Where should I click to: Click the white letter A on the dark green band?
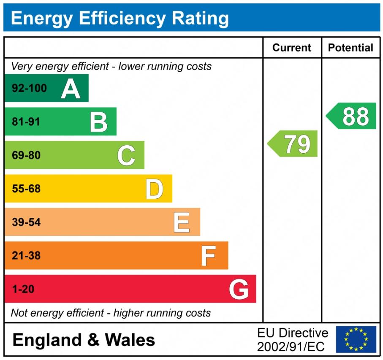pos(71,89)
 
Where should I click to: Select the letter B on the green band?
pos(99,122)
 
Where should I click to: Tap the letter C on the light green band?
pos(126,155)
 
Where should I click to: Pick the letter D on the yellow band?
pos(154,189)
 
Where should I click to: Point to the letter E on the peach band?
pos(182,222)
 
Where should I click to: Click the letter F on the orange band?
pos(209,256)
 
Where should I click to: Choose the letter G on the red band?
pos(239,290)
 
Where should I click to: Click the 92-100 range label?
pos(29,89)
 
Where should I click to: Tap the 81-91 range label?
pos(26,122)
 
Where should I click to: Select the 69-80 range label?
pos(26,155)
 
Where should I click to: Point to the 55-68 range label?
pos(26,189)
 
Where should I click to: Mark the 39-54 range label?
pos(26,222)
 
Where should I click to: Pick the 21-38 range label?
pos(26,256)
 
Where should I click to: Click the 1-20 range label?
pos(23,290)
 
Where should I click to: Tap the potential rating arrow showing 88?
pos(352,116)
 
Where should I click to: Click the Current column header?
pos(292,48)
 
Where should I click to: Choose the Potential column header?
pos(350,48)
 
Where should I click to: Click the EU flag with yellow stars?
pos(356,339)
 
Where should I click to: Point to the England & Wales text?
pos(84,340)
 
